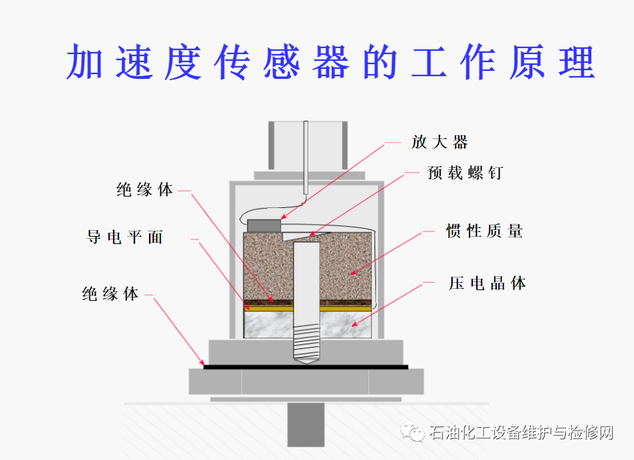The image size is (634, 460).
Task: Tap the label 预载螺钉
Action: pyautogui.click(x=465, y=172)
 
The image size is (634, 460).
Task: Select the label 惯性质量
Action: pyautogui.click(x=484, y=231)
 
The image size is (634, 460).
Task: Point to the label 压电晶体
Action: pyautogui.click(x=487, y=283)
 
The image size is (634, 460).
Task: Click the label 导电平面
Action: pyautogui.click(x=125, y=237)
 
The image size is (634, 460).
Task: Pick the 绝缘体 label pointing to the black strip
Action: pyautogui.click(x=110, y=294)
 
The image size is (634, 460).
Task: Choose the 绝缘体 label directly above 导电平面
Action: pyautogui.click(x=145, y=190)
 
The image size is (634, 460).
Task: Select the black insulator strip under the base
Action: pyautogui.click(x=306, y=367)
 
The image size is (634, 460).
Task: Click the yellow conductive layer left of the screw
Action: pyautogui.click(x=268, y=309)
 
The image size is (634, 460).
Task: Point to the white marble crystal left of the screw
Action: pyautogui.click(x=268, y=326)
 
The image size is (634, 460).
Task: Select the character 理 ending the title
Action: pyautogui.click(x=575, y=62)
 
